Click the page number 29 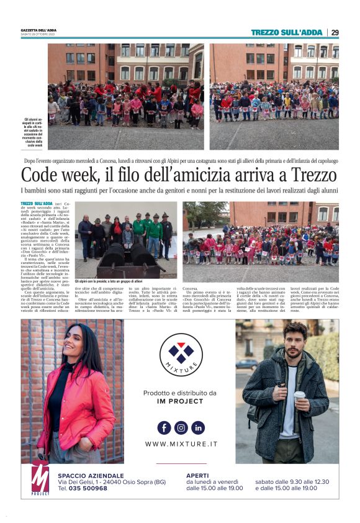[x=335, y=32]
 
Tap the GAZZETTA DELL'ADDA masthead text [x=38, y=30]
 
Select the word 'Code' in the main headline [x=42, y=175]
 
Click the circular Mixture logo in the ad [x=181, y=355]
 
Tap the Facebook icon [x=164, y=427]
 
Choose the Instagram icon [x=181, y=427]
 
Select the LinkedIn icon [x=197, y=427]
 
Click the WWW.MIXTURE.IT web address [x=181, y=444]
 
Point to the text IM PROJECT [x=181, y=401]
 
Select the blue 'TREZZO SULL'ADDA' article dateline [x=36, y=203]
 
